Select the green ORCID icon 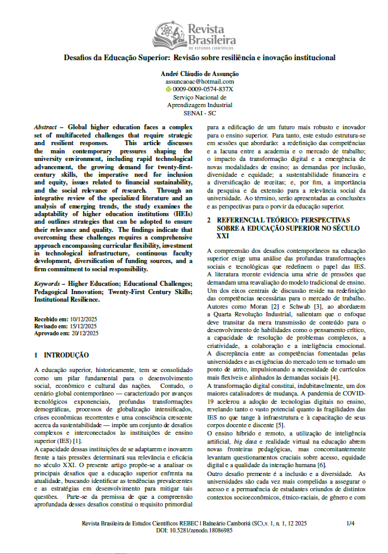pyautogui.click(x=168, y=89)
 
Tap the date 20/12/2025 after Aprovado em pyautogui.click(x=85, y=332)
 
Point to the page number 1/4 pyautogui.click(x=351, y=524)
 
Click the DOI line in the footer pyautogui.click(x=193, y=531)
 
